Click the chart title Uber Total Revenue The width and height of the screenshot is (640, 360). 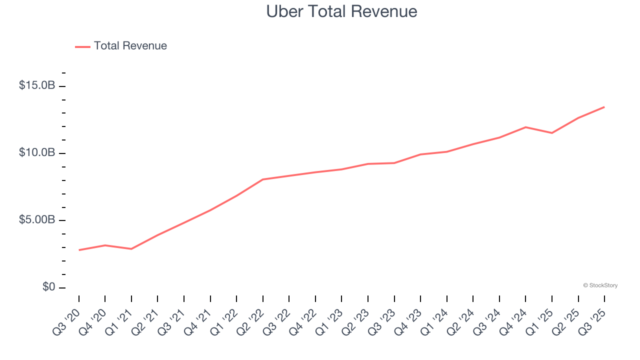point(341,11)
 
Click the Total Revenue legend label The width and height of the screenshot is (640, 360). point(130,46)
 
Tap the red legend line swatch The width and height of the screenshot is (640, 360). point(82,46)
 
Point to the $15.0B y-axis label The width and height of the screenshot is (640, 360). point(37,85)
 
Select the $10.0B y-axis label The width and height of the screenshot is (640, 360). point(37,152)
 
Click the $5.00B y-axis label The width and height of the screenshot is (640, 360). point(37,220)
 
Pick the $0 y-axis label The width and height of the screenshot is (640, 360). point(48,287)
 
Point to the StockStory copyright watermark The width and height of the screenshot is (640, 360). point(600,285)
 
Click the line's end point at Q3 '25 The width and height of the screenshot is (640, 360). point(604,107)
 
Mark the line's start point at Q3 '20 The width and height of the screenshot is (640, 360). point(79,250)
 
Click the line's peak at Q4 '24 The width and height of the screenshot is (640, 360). point(525,127)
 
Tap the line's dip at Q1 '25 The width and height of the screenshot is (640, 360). point(551,133)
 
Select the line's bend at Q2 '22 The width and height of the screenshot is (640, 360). point(263,179)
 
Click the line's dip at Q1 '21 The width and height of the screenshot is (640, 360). point(131,249)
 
